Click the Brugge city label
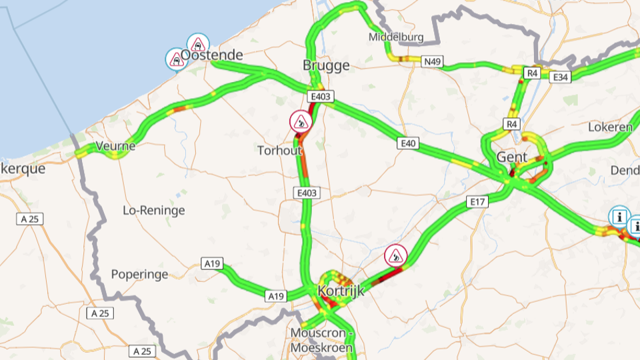tap(326, 65)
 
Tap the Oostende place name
tap(212, 55)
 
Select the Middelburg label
tap(396, 37)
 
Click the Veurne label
tap(116, 146)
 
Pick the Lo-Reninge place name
tap(154, 211)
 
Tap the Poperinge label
tap(139, 274)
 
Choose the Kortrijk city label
tap(341, 291)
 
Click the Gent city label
tap(512, 157)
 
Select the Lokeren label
tap(610, 127)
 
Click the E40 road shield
tap(408, 143)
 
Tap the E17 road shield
tap(477, 201)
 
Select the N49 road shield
tap(432, 62)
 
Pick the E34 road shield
tap(561, 77)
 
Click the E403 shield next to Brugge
tap(320, 97)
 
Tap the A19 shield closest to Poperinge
tap(212, 264)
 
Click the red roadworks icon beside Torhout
tap(301, 122)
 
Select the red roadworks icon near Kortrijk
tap(396, 255)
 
